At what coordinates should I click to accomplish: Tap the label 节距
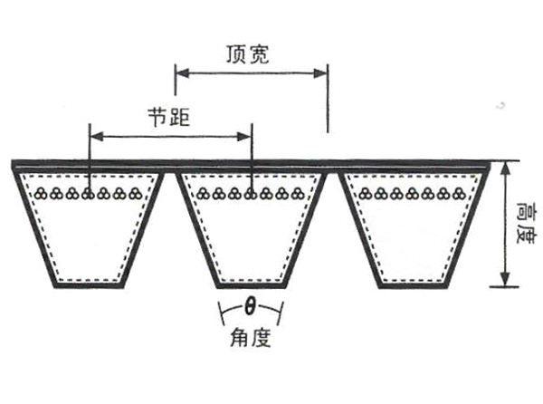[170, 118]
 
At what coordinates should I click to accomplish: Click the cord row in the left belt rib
[88, 192]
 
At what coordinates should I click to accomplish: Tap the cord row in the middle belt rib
[250, 192]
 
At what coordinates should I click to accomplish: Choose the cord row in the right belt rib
[412, 192]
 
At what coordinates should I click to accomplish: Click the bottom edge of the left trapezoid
[88, 285]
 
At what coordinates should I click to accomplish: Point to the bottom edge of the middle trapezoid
[250, 285]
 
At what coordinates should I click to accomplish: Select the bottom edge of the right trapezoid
[412, 285]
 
